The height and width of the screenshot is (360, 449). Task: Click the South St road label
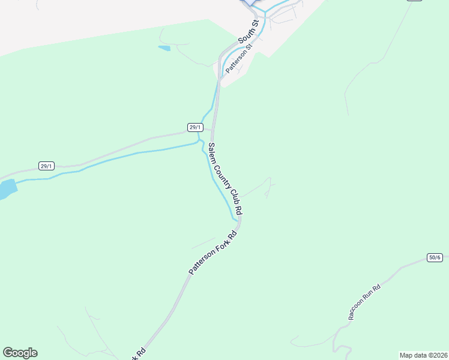[248, 32]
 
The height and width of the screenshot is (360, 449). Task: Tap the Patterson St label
[238, 58]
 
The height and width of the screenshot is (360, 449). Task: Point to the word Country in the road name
[224, 175]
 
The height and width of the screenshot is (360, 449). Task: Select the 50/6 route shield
[435, 257]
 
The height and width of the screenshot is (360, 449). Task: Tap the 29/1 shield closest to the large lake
[46, 166]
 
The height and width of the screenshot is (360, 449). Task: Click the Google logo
[20, 353]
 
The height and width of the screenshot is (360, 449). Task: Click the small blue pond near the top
[164, 48]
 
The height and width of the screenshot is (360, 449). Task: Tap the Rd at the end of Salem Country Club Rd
[240, 210]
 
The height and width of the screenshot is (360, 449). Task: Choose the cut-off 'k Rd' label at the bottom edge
[139, 353]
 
